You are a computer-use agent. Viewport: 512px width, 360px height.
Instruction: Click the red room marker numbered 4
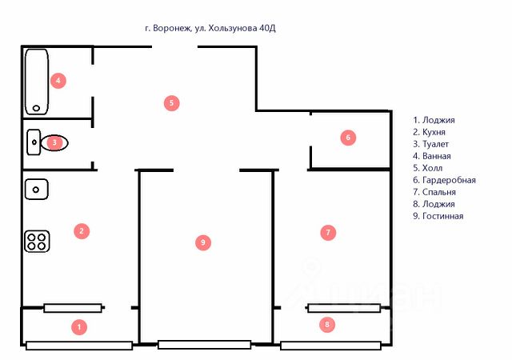(x=57, y=80)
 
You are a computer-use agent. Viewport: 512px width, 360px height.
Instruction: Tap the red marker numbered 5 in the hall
(x=170, y=102)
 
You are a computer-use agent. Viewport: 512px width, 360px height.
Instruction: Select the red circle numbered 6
(x=347, y=138)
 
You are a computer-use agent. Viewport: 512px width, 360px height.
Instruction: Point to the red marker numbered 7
(x=326, y=233)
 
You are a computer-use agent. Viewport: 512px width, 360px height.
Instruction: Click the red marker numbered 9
(x=203, y=242)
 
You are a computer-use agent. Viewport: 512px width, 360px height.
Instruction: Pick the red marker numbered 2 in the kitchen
(x=80, y=231)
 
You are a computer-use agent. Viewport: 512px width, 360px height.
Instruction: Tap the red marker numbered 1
(x=78, y=326)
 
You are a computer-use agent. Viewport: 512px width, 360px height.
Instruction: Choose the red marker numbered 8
(x=326, y=325)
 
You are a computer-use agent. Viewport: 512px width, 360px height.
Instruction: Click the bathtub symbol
(x=37, y=81)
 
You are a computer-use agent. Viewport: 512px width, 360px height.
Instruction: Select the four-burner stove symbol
(x=37, y=241)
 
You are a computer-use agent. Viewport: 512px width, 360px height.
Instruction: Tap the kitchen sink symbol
(x=37, y=190)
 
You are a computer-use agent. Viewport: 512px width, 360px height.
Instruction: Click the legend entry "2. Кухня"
(x=429, y=132)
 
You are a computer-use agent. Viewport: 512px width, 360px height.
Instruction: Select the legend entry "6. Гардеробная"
(x=444, y=180)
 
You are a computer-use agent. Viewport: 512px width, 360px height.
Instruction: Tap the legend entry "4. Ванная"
(x=432, y=156)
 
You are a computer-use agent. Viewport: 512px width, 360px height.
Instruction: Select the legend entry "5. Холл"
(x=428, y=168)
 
